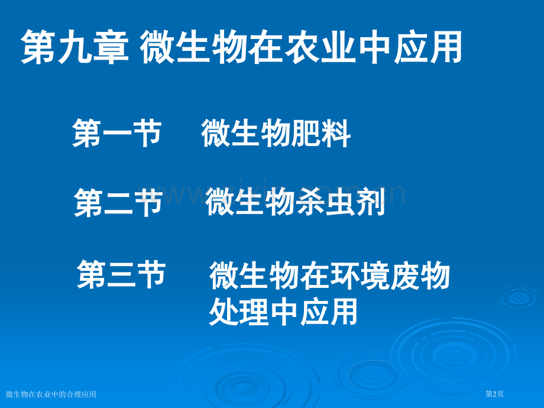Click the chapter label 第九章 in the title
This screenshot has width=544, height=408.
pos(75,48)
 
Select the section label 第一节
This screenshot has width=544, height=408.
pos(116,132)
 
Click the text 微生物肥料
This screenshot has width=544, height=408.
pos(276,132)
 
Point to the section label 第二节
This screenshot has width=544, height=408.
pos(118,203)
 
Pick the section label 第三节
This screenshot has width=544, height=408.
pos(121,275)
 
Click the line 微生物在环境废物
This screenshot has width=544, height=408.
pos(330,276)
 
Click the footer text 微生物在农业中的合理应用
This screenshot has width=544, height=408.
pos(51,394)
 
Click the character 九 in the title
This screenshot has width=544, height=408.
pos(75,48)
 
